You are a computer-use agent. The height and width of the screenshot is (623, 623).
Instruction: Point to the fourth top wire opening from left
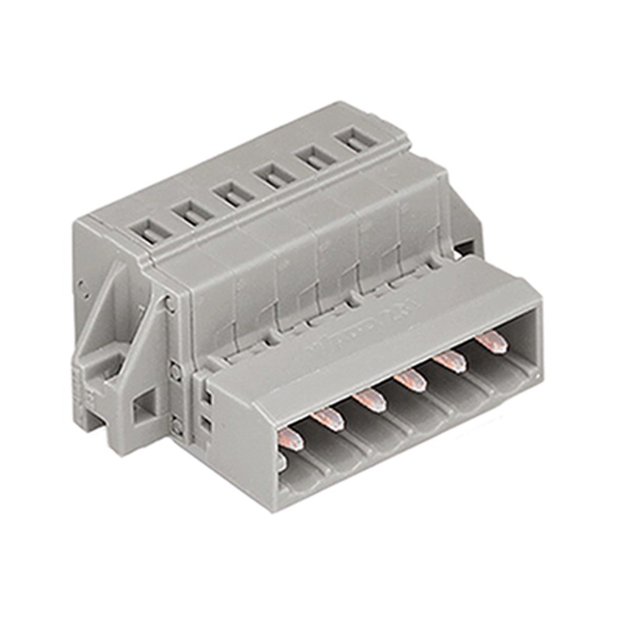[x=273, y=173]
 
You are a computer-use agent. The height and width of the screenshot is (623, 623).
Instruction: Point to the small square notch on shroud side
[x=206, y=424]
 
